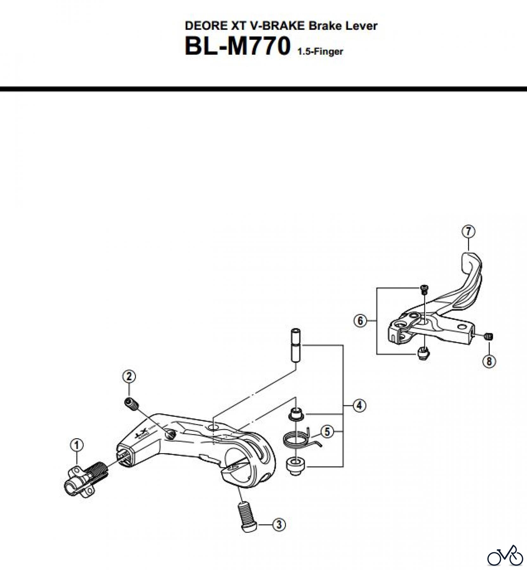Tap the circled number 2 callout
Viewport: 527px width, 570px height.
129,377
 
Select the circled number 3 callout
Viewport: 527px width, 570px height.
279,524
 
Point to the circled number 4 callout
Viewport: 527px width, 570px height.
359,405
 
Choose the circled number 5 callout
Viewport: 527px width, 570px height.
327,431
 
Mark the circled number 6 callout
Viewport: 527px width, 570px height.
360,321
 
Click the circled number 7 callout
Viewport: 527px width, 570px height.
468,231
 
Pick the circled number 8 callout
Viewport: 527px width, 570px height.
489,361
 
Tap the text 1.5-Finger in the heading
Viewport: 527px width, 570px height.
320,52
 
